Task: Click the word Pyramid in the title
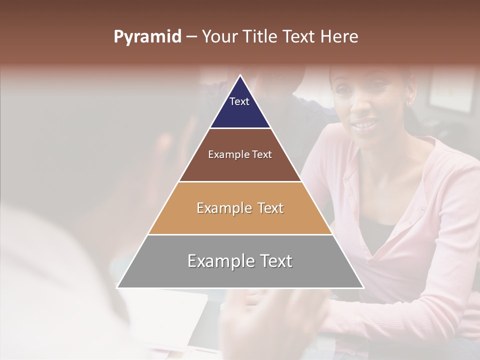click(147, 37)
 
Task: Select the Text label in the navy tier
click(239, 101)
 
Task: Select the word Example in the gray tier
click(219, 261)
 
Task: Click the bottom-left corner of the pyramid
click(117, 287)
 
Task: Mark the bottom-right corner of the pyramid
click(363, 287)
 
